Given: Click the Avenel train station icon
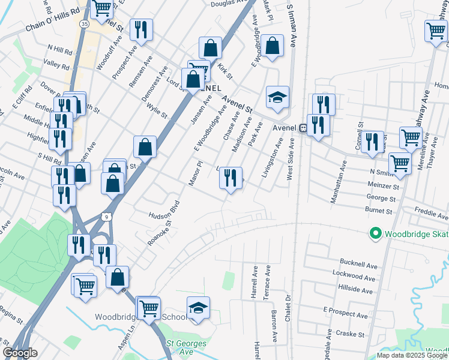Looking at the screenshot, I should tap(304, 128).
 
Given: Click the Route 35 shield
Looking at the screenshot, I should tap(84, 23).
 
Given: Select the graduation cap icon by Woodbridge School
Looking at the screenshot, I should tap(199, 307).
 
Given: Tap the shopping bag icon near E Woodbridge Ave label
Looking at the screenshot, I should tap(273, 46).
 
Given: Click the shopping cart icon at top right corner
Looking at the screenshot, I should tap(435, 31).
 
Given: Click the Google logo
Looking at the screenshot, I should tap(20, 353).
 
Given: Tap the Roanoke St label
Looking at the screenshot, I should tap(160, 233).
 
